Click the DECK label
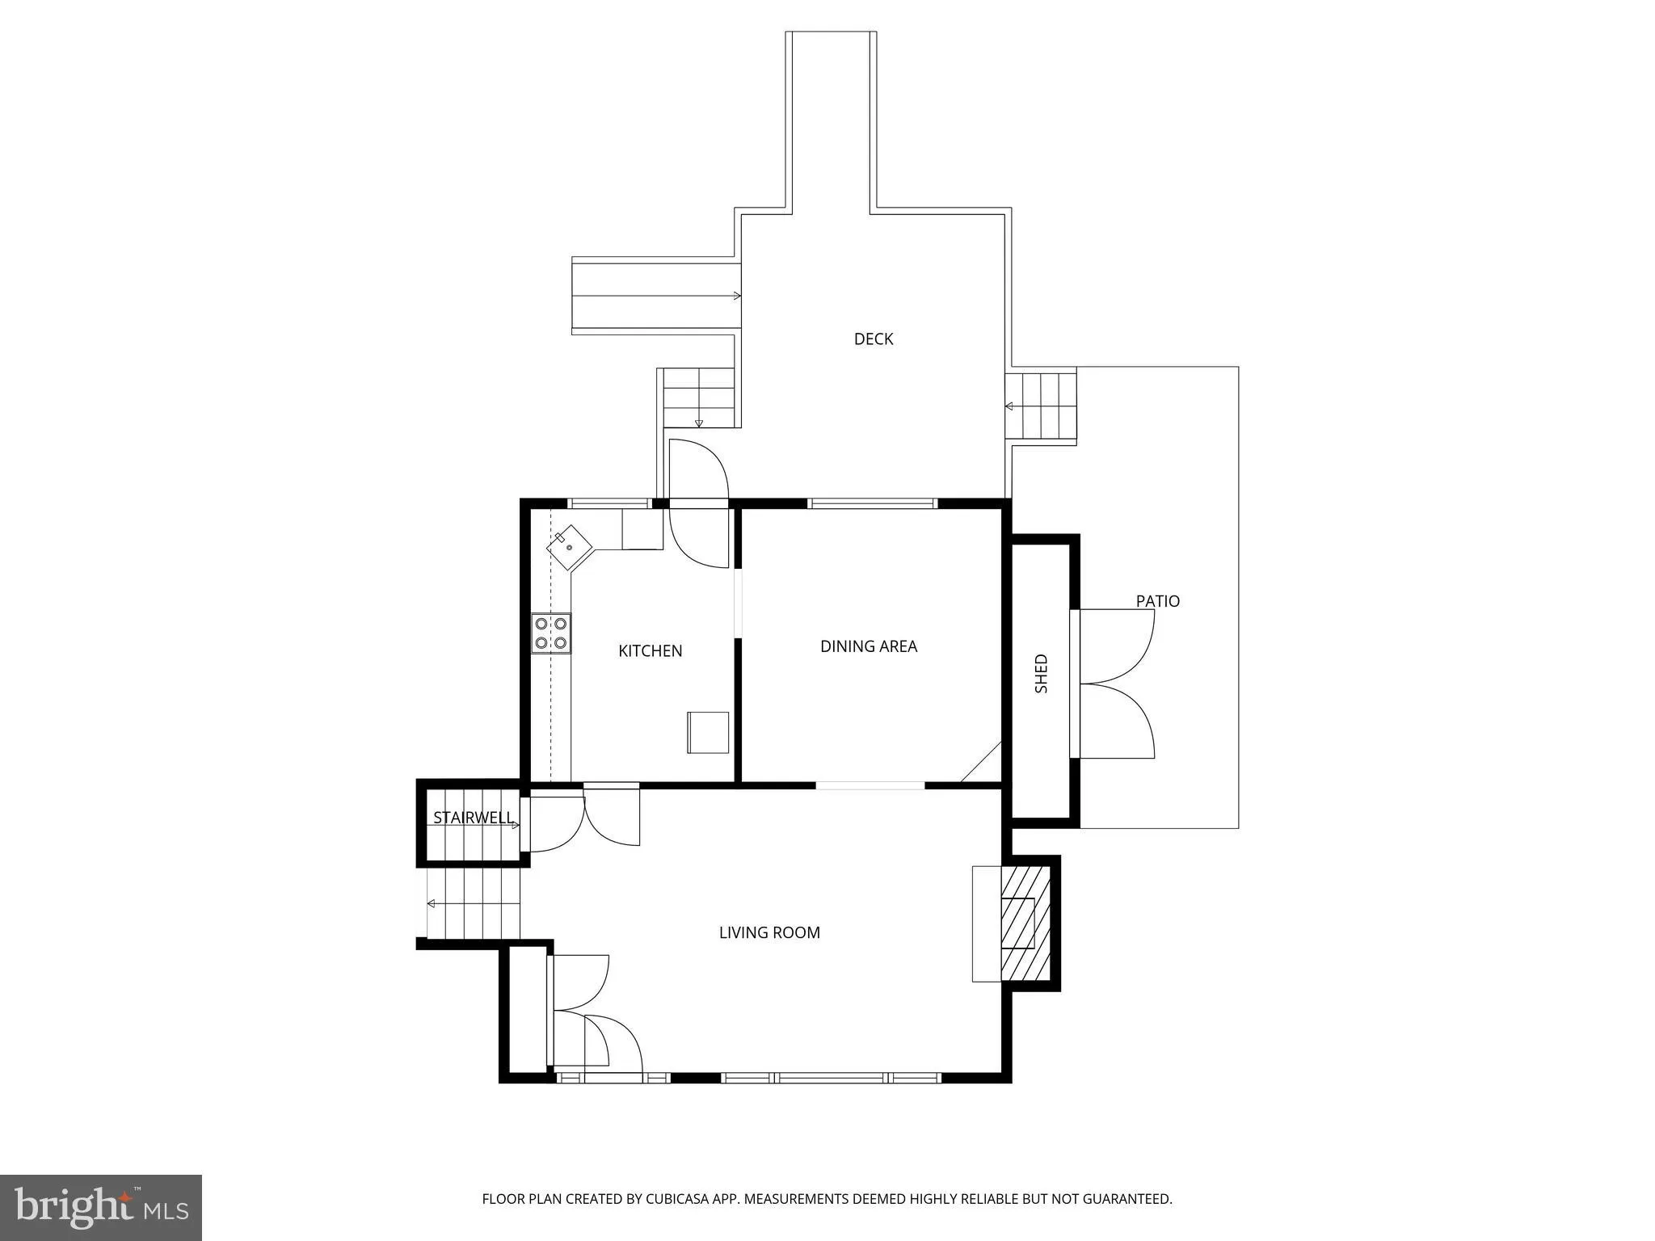(873, 339)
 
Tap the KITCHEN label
(650, 651)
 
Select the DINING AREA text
(868, 646)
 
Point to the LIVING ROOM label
(769, 932)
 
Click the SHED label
(1041, 673)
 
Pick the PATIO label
(1157, 601)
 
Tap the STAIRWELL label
(473, 818)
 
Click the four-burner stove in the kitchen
(550, 633)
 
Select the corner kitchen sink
(570, 547)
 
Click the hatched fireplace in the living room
(1025, 923)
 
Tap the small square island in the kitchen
(708, 732)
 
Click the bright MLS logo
(100, 1207)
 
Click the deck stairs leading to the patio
(1042, 406)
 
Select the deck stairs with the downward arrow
(698, 398)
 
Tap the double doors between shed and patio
(1115, 684)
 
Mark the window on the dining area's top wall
(873, 503)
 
